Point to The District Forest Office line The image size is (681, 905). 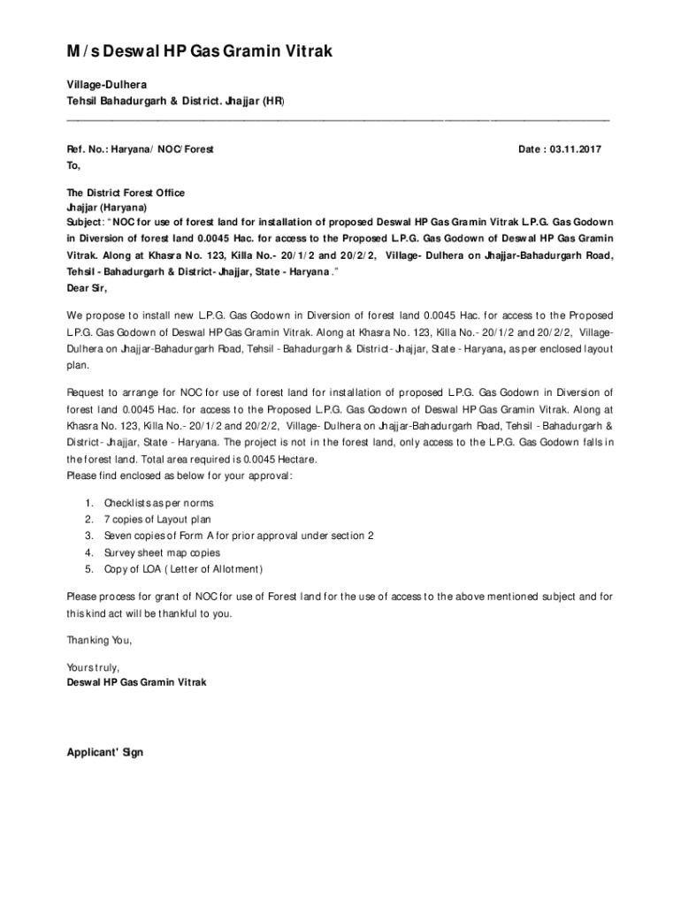[126, 193]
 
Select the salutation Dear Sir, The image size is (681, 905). [87, 287]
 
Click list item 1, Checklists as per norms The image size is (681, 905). [158, 503]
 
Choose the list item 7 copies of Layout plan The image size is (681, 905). [157, 520]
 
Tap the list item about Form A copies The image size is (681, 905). [239, 536]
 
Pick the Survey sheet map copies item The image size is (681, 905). [162, 552]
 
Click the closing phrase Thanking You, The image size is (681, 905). [100, 640]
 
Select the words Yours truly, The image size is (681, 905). [93, 666]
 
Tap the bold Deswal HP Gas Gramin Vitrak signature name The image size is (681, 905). [137, 682]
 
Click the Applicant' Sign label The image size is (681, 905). [105, 752]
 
